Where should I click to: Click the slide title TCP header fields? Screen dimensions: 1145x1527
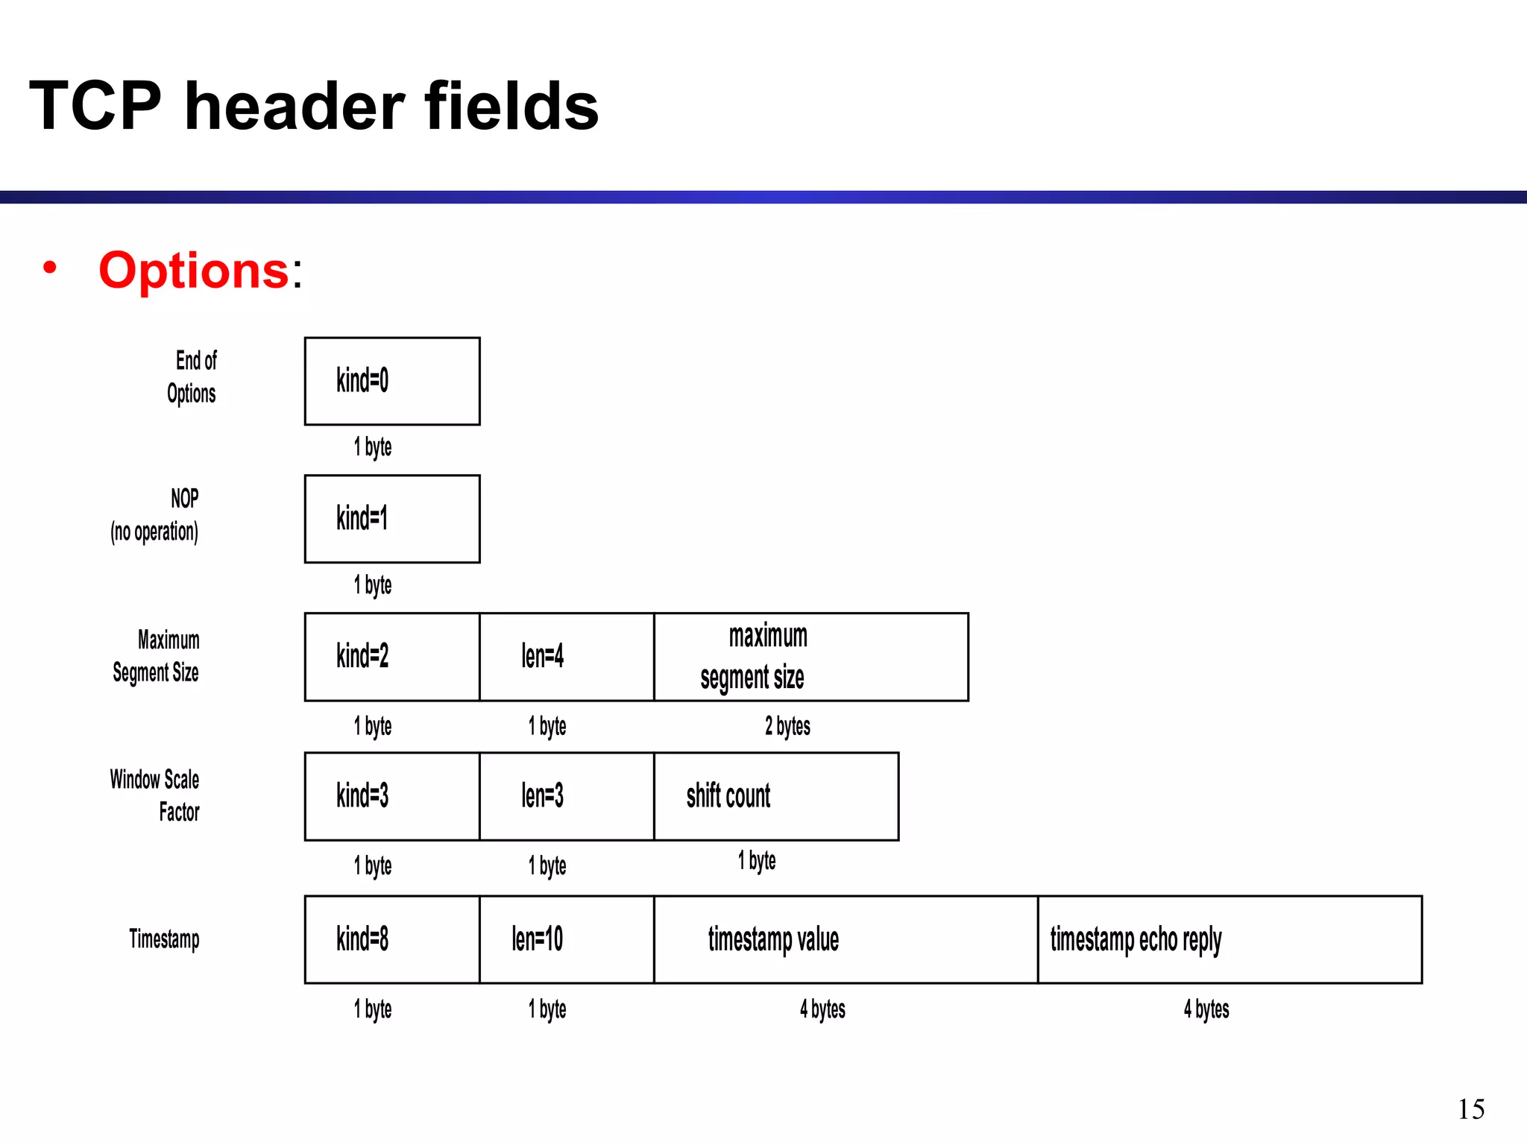click(313, 106)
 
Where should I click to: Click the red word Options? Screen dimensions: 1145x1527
click(194, 270)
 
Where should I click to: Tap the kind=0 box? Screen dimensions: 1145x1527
click(392, 381)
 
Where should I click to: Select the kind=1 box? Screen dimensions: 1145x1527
click(392, 519)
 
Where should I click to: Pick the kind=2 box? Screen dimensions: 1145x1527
click(392, 657)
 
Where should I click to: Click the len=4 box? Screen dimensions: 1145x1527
click(567, 657)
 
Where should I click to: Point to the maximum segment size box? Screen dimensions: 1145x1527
click(811, 657)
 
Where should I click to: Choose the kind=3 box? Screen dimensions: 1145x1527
click(392, 796)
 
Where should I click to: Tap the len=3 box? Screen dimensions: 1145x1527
click(567, 796)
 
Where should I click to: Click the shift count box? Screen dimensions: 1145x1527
click(776, 796)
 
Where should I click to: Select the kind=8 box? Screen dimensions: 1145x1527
click(392, 939)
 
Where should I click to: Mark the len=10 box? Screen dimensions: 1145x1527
click(567, 939)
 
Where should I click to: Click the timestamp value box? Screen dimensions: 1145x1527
click(846, 939)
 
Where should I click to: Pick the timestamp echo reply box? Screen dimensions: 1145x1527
click(1230, 939)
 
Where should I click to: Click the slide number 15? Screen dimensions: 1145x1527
click(1471, 1109)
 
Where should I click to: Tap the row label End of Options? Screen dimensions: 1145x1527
click(193, 377)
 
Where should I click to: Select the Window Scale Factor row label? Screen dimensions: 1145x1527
click(156, 795)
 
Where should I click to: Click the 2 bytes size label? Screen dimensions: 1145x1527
click(787, 726)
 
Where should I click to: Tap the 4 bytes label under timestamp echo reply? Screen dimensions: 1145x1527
click(1206, 1009)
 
